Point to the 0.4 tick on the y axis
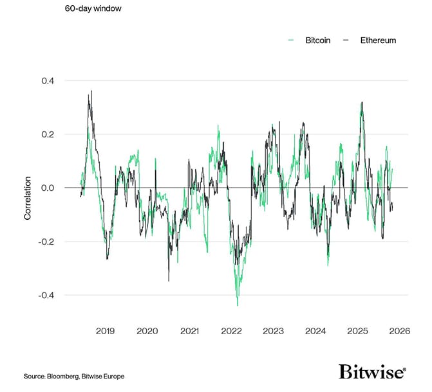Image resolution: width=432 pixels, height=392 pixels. [48, 80]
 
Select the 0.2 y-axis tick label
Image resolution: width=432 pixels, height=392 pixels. [48, 134]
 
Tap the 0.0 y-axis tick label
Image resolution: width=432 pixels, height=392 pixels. [48, 188]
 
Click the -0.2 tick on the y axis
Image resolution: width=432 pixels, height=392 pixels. [47, 242]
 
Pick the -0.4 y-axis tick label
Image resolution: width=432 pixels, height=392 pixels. [47, 295]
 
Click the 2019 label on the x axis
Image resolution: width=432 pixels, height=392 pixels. [105, 331]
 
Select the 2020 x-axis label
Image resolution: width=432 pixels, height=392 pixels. [147, 331]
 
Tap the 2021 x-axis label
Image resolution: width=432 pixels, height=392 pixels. [189, 331]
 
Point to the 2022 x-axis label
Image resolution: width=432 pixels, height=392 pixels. [231, 331]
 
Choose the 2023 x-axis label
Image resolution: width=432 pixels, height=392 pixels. [273, 331]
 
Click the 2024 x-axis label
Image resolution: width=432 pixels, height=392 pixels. [315, 331]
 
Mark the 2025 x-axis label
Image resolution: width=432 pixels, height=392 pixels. [357, 331]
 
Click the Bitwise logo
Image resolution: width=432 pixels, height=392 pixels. [372, 372]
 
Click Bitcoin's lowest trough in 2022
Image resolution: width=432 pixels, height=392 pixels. [238, 305]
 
